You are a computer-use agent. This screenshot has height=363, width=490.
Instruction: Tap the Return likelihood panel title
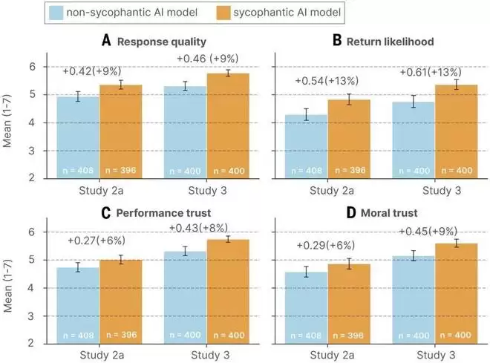pos(384,41)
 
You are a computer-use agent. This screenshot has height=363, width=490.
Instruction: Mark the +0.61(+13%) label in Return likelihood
pos(430,73)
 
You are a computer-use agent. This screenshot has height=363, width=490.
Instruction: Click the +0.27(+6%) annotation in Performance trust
pos(99,241)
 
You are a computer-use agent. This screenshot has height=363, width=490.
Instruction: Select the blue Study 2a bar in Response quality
pos(79,137)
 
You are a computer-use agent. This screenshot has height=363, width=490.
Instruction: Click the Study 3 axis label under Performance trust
pos(205,356)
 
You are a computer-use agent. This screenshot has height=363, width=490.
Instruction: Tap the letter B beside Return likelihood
pos(337,41)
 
